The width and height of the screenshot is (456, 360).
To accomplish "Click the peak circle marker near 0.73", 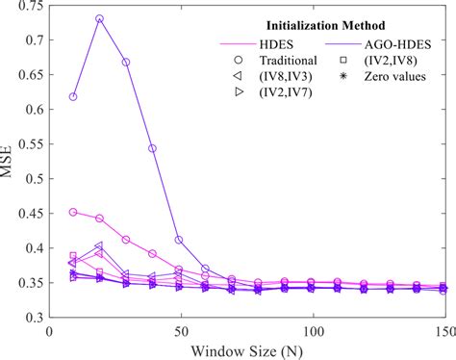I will (x=99, y=19).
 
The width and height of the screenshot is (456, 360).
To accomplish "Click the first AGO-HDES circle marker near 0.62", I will (x=73, y=96).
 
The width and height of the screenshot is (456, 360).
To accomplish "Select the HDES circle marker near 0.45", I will (x=73, y=212).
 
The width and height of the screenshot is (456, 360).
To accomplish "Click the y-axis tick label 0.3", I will (x=34, y=317).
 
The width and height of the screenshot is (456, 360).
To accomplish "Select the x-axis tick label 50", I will (x=179, y=330).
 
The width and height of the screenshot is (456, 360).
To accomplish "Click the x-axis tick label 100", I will (x=311, y=330).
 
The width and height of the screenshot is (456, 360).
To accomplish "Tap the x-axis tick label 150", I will (x=442, y=330).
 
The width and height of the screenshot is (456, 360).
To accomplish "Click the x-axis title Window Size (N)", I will (x=245, y=348).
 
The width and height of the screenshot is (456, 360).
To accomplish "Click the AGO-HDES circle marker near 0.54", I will (x=152, y=148).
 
